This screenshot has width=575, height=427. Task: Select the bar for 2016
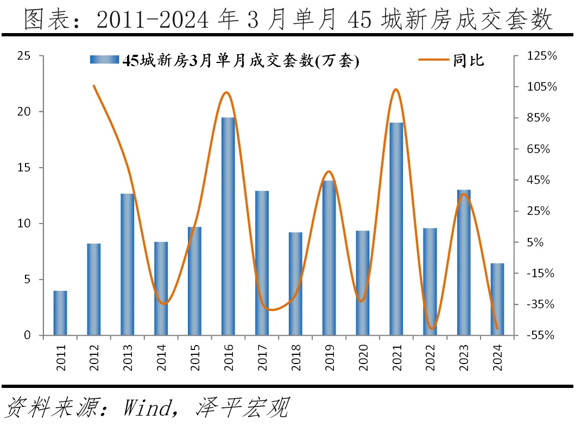228,226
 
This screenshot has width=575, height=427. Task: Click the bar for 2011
60,313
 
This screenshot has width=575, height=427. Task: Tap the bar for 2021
396,229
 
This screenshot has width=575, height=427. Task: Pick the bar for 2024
497,299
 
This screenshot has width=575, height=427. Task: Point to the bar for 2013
127,264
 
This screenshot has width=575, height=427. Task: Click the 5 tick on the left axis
26,279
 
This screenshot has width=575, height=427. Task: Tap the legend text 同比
469,60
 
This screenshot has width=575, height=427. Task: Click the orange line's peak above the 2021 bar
396,90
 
